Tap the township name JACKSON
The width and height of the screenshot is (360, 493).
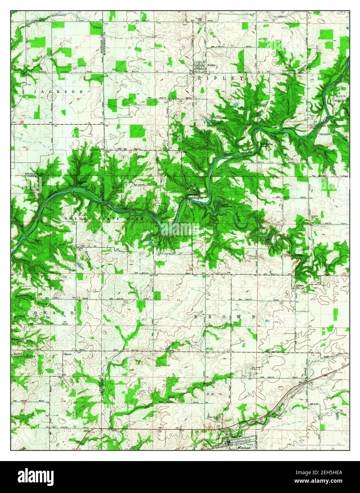[59, 92]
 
